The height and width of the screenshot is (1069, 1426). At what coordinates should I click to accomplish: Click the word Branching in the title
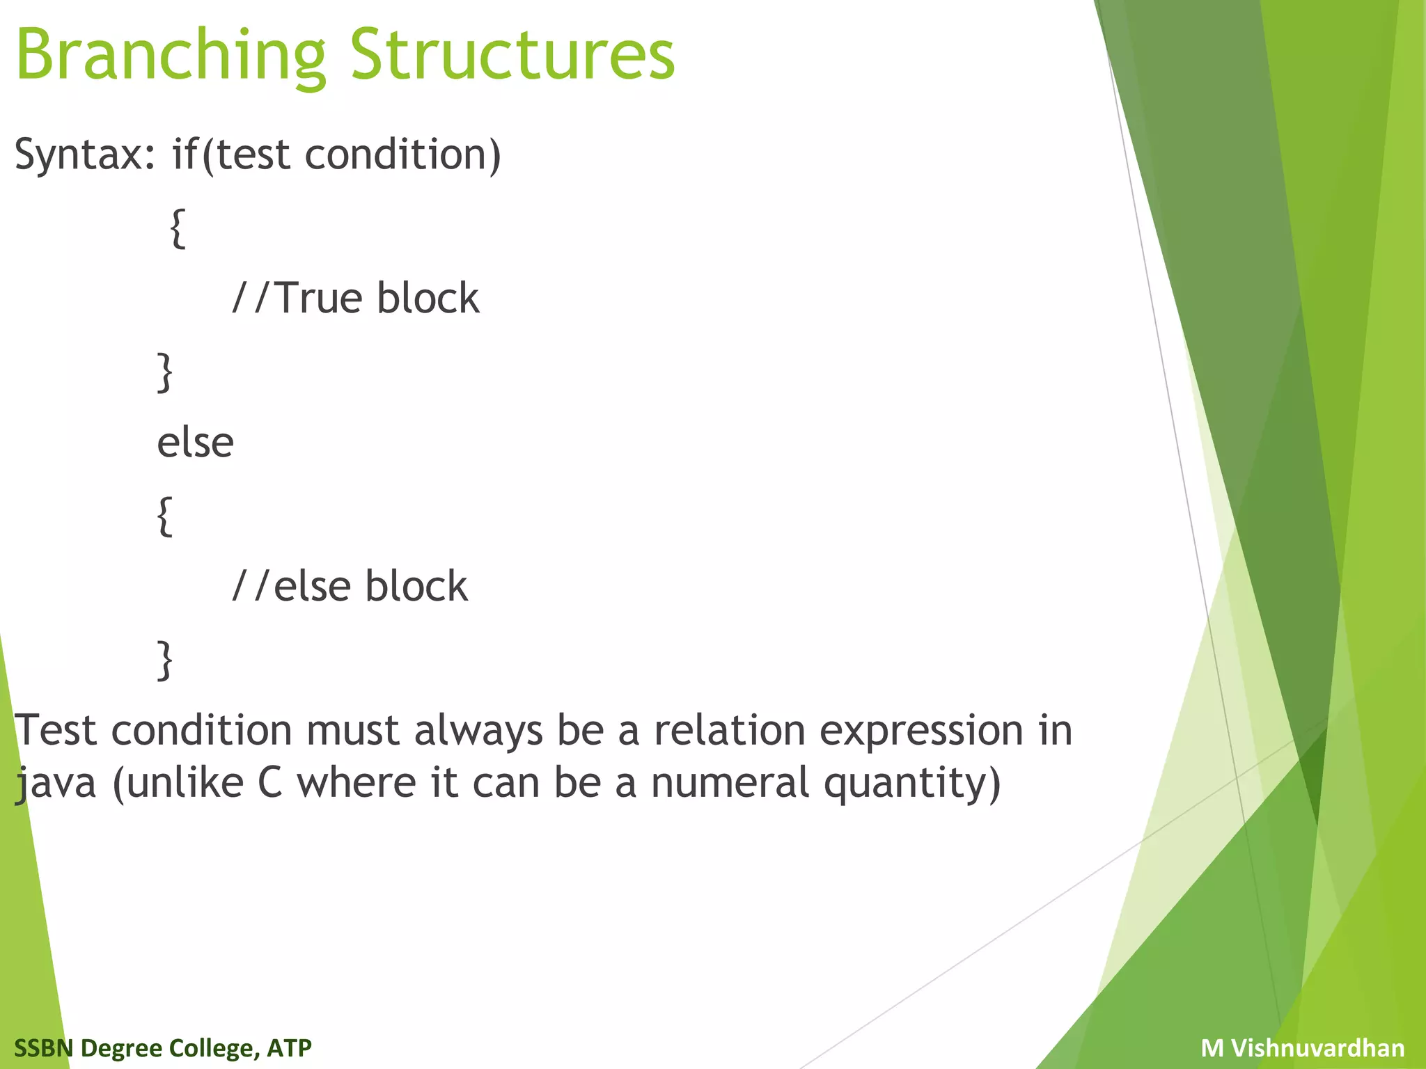coord(171,56)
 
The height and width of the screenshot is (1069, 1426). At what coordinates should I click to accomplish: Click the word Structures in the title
coord(512,56)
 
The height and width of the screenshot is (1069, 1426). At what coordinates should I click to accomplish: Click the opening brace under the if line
coord(178,228)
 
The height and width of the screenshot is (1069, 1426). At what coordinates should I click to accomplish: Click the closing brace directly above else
coord(164,372)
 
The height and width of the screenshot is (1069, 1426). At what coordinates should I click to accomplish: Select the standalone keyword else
coord(195,443)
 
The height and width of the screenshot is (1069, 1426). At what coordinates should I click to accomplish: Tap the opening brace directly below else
coord(164,516)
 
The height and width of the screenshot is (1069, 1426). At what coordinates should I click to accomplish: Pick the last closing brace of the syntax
coord(164,660)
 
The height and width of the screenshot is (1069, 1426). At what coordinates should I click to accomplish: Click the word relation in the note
coord(728,731)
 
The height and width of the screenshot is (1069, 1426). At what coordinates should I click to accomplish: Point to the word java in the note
coord(56,784)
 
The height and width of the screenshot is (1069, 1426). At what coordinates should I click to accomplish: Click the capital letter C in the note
coord(270,782)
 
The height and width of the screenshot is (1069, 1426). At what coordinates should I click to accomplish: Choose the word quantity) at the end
coord(912,784)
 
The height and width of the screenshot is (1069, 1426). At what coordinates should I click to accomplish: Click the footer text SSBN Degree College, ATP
coord(163,1047)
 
